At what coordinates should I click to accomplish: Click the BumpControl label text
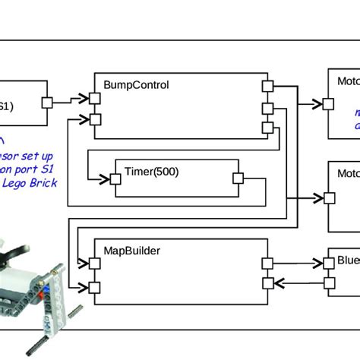[136, 84]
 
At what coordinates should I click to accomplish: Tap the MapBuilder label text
[133, 249]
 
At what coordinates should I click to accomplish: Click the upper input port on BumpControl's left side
[95, 97]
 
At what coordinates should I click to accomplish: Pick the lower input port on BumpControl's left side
[95, 118]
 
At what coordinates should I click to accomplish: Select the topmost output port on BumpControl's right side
[267, 86]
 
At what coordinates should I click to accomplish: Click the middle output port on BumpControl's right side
[267, 107]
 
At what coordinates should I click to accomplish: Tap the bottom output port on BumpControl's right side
[267, 128]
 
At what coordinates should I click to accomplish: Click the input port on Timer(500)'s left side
[115, 179]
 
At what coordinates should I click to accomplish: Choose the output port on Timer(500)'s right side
[237, 178]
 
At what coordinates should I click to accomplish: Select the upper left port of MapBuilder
[95, 264]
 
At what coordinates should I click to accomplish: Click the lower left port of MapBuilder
[95, 286]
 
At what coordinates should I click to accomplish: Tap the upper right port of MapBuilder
[267, 264]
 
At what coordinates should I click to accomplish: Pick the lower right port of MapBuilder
[267, 284]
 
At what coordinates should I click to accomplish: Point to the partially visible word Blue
[348, 261]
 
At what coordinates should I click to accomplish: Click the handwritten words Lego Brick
[29, 183]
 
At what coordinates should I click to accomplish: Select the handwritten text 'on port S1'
[29, 169]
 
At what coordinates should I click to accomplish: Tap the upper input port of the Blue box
[329, 264]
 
